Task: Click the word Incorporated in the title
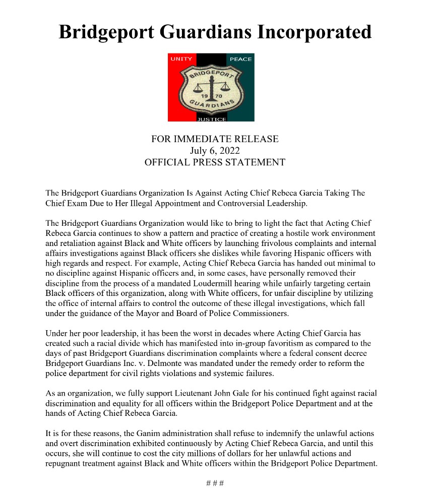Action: (315, 32)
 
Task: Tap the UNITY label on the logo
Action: (181, 59)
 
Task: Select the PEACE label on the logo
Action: (240, 59)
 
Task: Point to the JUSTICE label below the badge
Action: (211, 119)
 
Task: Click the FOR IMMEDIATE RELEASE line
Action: (215, 139)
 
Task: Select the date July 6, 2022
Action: (215, 150)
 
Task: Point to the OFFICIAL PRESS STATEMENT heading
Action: (215, 162)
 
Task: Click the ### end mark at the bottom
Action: (215, 482)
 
